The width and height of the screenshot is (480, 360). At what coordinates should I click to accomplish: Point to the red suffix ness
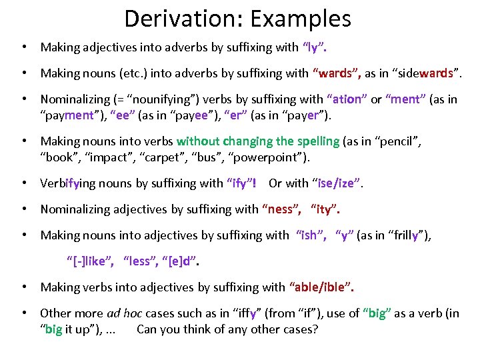coord(281,209)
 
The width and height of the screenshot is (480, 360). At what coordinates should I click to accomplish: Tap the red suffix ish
coord(309,235)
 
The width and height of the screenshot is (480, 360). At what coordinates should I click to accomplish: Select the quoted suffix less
coord(140,261)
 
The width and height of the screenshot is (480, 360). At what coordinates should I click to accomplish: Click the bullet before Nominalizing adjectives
coord(24,209)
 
